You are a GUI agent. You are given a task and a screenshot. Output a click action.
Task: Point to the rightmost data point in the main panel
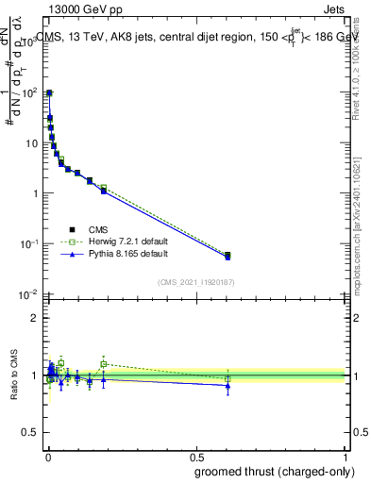[x=228, y=255]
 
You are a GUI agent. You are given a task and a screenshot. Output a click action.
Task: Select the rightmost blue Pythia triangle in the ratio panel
[x=228, y=385]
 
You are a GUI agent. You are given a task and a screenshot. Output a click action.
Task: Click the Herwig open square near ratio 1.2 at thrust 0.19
[x=104, y=363]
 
